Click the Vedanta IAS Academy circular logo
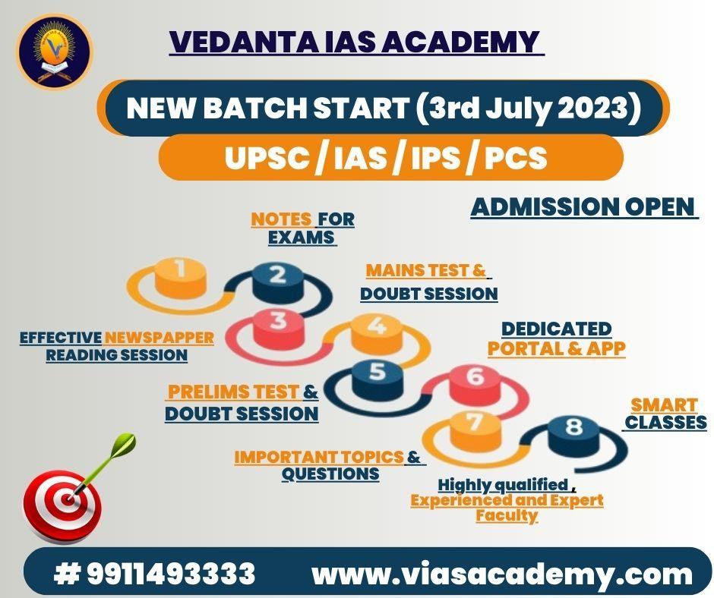(55, 52)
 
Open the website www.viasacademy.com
(502, 574)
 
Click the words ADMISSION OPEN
(583, 206)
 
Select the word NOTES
(282, 219)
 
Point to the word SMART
(663, 404)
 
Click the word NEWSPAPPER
(159, 337)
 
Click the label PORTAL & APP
(556, 348)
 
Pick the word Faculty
(507, 516)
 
